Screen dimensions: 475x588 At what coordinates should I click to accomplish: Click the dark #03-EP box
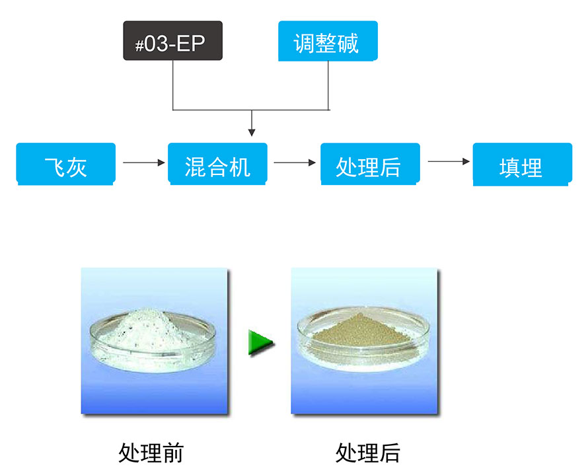(172, 40)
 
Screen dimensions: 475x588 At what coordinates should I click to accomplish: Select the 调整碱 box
(328, 41)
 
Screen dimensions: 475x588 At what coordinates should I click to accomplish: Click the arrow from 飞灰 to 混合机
(143, 162)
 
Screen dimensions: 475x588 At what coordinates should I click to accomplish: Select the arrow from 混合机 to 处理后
(294, 162)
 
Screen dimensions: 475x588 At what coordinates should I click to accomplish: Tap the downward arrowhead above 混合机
(250, 131)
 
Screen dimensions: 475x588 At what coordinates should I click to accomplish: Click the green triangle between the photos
(260, 343)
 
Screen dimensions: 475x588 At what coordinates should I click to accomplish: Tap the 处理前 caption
(151, 453)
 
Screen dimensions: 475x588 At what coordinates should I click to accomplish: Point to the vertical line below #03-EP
(173, 85)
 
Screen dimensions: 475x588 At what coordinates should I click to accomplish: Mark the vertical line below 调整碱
(329, 85)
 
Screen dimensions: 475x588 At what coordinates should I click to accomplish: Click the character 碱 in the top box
(348, 42)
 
